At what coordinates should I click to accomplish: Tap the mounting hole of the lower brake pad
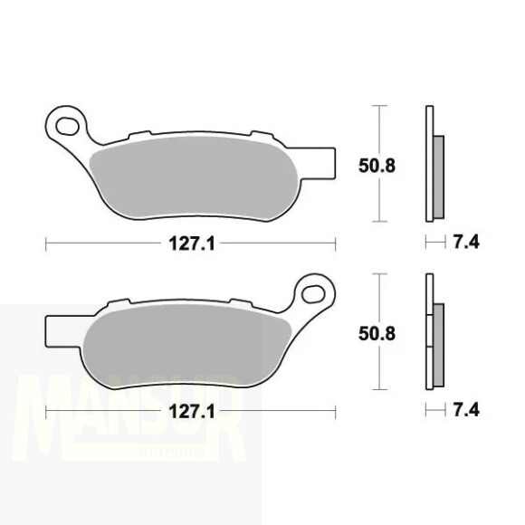314,292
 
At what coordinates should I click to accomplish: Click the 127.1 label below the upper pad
190,243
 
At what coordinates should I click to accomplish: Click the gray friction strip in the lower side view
439,342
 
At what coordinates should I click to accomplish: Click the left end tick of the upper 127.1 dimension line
45,243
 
